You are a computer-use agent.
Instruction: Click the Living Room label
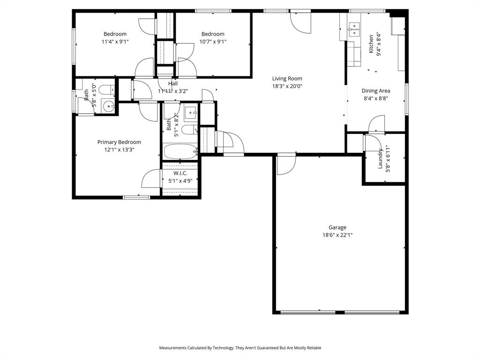[x=287, y=79]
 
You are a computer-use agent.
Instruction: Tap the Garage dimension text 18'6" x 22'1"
[x=337, y=235]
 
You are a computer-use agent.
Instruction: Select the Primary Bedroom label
[x=119, y=142]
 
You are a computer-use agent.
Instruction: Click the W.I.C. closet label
[x=180, y=173]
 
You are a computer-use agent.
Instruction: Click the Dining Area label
[x=375, y=91]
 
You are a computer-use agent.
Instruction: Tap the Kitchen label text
[x=371, y=44]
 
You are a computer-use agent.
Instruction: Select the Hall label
[x=173, y=83]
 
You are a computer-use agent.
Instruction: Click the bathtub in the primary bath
[x=180, y=151]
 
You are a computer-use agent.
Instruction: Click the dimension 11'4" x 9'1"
[x=115, y=42]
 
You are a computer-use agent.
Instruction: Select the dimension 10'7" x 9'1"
[x=213, y=42]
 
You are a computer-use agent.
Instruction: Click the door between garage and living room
[x=286, y=164]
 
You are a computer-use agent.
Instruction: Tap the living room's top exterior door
[x=300, y=21]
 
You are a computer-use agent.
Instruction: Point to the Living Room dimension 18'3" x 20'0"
[x=287, y=86]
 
